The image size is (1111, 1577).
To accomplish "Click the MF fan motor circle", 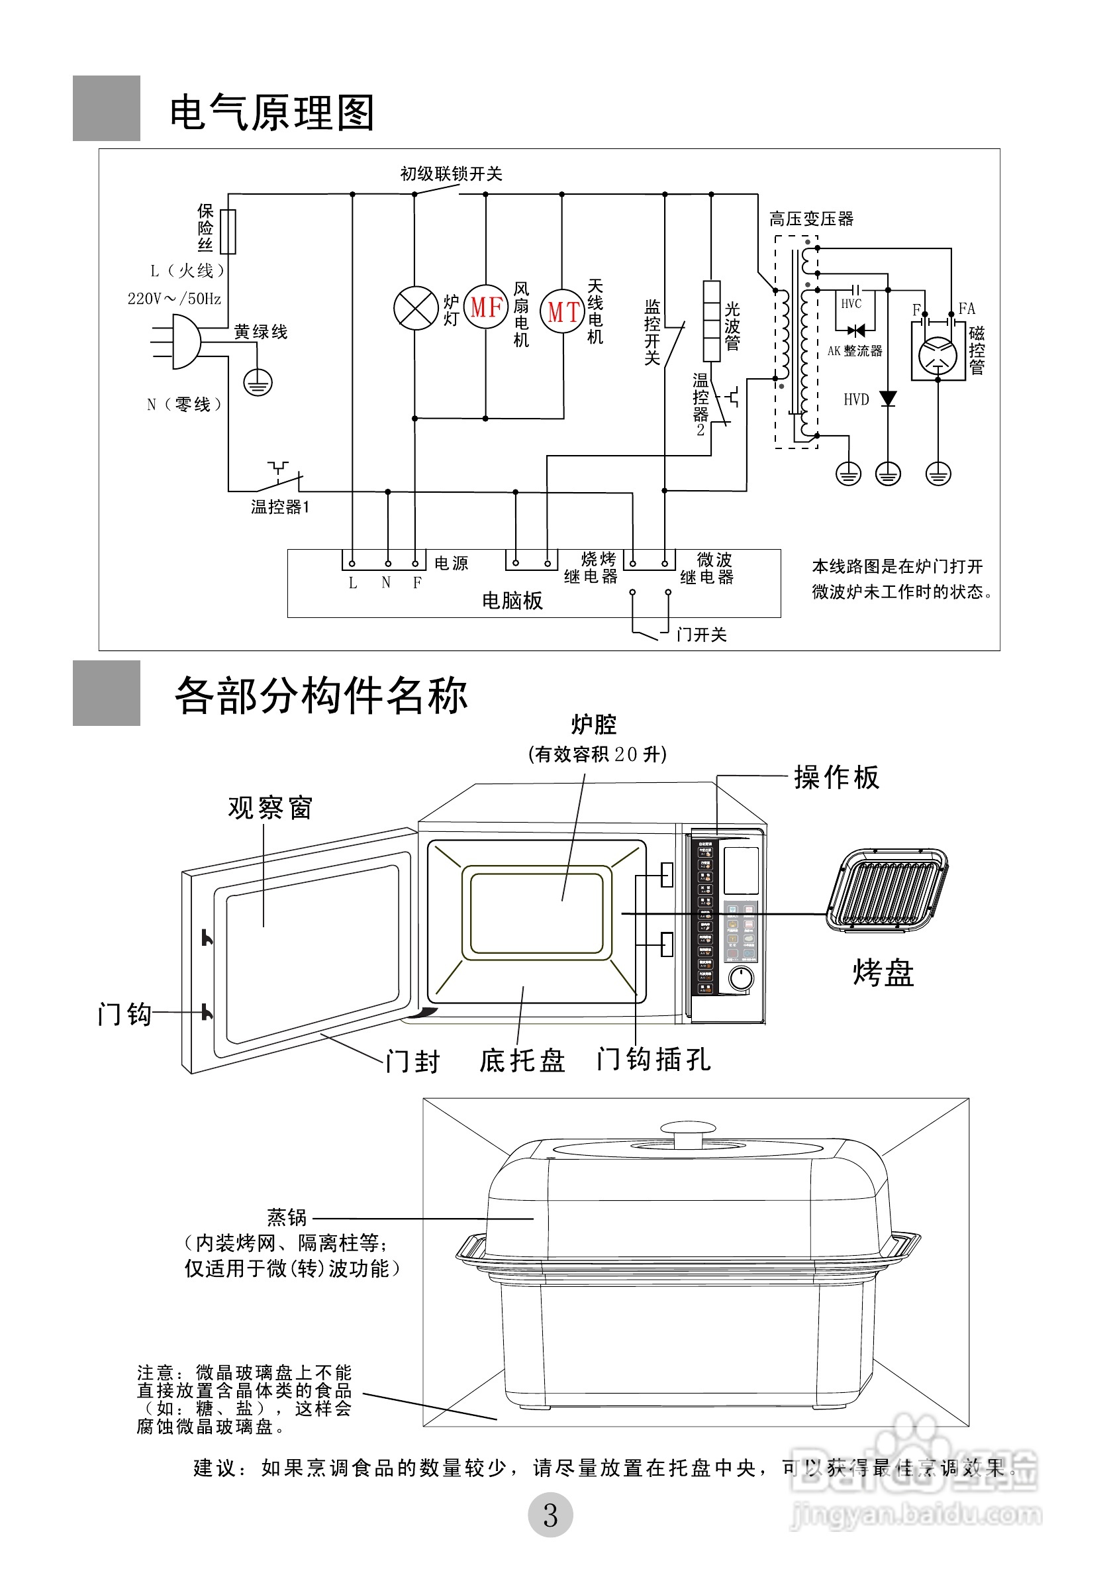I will point(486,307).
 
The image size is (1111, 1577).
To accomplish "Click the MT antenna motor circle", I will point(562,312).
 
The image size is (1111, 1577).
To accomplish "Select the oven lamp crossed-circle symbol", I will point(415,309).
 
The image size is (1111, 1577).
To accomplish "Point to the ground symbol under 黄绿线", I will point(258,383).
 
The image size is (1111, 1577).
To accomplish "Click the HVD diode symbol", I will point(888,398).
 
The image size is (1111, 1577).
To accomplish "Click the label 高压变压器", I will point(811,219).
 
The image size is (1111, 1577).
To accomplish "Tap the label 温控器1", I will point(279,507).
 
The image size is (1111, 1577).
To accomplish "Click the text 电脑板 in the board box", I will point(512,600).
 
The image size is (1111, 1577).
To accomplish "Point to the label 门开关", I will point(701,634).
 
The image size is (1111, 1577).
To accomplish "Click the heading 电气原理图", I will point(272,113).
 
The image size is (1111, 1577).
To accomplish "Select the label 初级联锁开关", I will point(451,174).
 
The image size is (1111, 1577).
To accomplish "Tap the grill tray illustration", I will point(887,890).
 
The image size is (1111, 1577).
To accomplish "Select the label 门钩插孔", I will point(653,1058).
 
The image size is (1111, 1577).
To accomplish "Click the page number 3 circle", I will point(550,1515).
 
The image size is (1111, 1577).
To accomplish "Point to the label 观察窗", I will point(270,808).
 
